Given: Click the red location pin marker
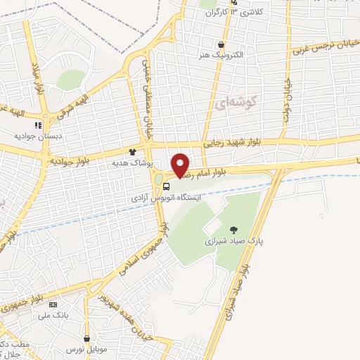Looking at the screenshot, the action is click(x=181, y=165).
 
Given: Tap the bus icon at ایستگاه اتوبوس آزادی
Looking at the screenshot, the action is click(x=167, y=187).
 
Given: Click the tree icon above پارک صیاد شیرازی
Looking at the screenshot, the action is click(x=233, y=229).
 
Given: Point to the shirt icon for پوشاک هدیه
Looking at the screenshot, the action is click(x=131, y=151).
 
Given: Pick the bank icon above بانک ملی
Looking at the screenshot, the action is click(x=53, y=304).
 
